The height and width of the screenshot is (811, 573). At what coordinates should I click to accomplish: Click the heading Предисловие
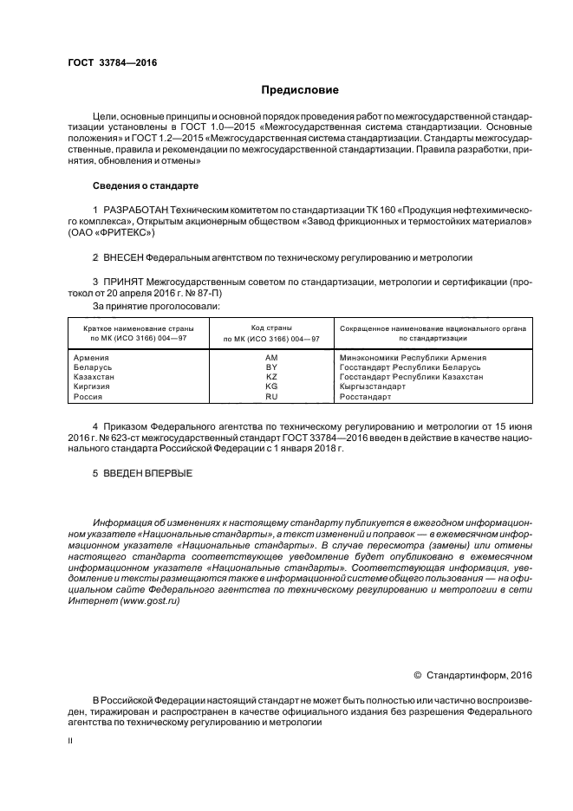(x=300, y=90)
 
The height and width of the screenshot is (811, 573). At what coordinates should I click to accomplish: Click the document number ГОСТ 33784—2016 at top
(x=107, y=63)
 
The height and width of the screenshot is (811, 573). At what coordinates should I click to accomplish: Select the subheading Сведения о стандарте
(x=146, y=186)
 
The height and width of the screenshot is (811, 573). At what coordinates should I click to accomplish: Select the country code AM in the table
(x=270, y=357)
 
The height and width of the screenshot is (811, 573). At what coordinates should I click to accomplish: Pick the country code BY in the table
(x=270, y=367)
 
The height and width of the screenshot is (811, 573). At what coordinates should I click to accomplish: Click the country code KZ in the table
(x=270, y=377)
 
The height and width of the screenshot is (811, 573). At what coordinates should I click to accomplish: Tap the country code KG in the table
(x=270, y=386)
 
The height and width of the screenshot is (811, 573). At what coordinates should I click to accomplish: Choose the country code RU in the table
(x=270, y=396)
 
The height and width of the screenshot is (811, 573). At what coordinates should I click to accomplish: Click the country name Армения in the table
(x=91, y=357)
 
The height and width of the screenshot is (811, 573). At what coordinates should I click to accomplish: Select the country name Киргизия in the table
(x=94, y=386)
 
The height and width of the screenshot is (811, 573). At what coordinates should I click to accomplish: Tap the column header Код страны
(x=270, y=328)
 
